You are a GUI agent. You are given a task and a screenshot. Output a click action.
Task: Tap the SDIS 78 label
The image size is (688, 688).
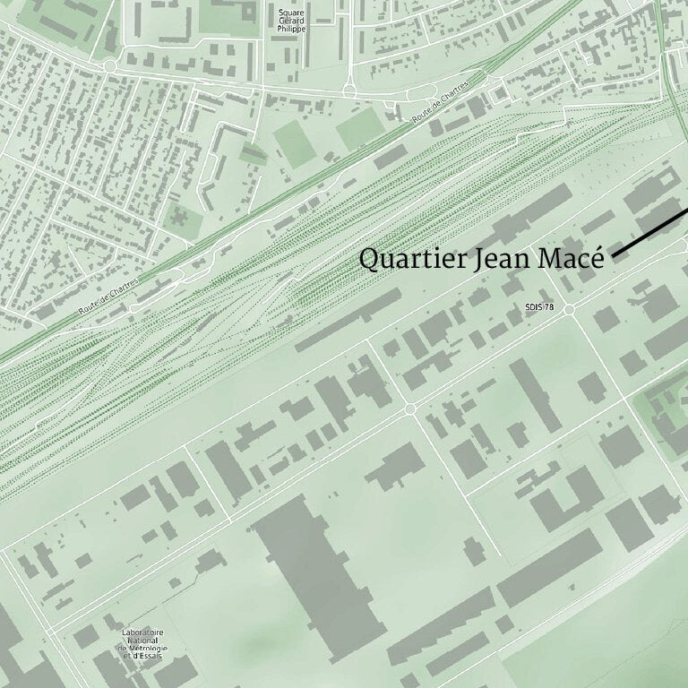point(540,307)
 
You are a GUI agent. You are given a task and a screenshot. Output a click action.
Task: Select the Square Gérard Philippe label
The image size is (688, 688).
point(291,21)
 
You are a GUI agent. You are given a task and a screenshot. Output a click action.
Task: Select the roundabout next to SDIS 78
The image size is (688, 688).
point(569,308)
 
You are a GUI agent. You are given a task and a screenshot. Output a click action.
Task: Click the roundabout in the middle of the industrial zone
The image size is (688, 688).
point(410,408)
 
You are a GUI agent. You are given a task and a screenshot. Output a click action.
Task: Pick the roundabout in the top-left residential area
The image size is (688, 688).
point(110,66)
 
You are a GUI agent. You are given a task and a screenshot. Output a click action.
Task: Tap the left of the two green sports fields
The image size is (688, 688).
point(295,143)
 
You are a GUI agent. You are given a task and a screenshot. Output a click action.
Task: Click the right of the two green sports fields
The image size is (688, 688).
point(360,130)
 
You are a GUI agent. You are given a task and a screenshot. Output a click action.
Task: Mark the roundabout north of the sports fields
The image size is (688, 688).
point(348,90)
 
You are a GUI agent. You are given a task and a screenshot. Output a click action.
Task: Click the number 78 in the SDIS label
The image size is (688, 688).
point(551,307)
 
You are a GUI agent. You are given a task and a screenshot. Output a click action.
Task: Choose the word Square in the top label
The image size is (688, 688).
point(291,13)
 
